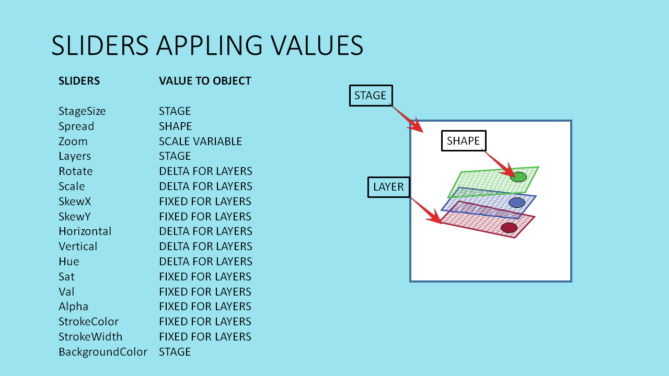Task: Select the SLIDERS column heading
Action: (79, 81)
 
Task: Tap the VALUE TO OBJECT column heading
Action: (205, 81)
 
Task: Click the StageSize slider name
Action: (82, 111)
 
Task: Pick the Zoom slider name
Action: (73, 142)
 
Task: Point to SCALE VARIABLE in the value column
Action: (200, 142)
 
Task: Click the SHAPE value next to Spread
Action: (175, 126)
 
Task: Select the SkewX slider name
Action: (75, 202)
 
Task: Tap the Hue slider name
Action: (69, 262)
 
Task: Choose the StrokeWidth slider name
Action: (90, 337)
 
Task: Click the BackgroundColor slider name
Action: (103, 352)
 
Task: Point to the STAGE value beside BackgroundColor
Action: (175, 352)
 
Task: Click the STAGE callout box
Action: (371, 96)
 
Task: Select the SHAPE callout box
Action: (464, 141)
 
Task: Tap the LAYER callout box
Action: (389, 187)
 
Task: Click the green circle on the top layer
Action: (518, 177)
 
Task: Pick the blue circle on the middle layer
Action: (516, 203)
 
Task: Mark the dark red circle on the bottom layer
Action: (509, 228)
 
